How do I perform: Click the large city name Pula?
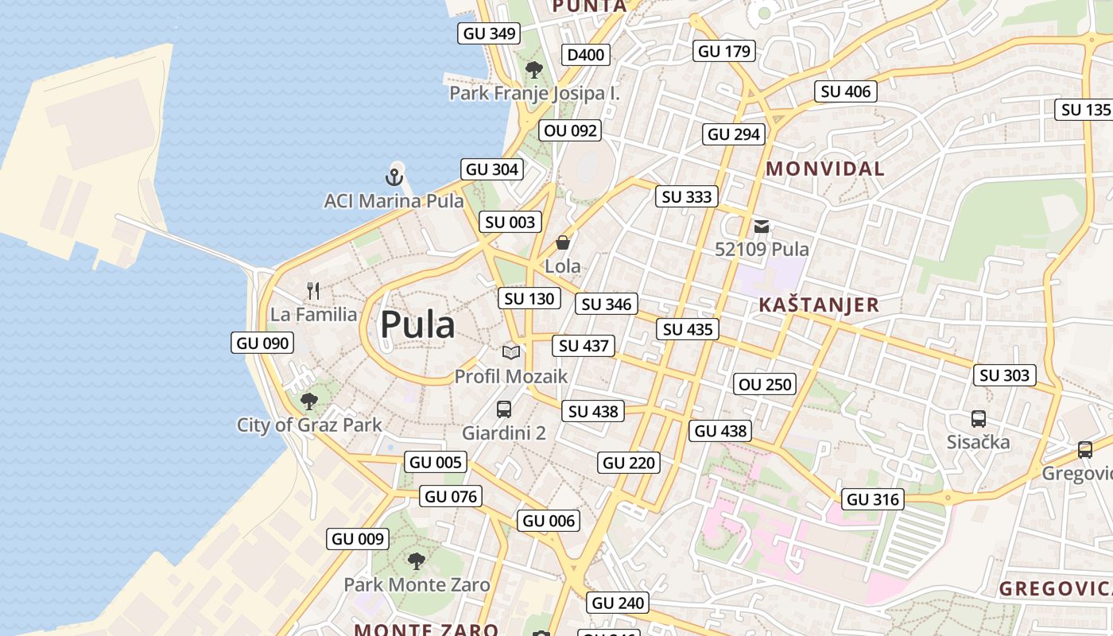coord(417,325)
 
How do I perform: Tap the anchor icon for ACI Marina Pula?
coord(394,176)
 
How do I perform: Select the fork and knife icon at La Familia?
coord(313,291)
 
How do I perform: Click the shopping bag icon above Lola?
coord(563,242)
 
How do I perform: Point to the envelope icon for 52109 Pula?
coord(762,226)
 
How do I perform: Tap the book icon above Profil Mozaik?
coord(510,352)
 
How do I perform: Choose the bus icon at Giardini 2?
coord(504,409)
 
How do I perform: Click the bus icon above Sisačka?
coord(979,418)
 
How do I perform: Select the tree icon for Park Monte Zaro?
coord(416,561)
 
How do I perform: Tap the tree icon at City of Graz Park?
coord(309,401)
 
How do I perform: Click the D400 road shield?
coord(586,55)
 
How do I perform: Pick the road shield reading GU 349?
coord(490,33)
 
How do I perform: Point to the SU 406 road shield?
coord(846,91)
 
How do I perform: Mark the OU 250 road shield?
coord(765,385)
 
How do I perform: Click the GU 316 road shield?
coord(873,499)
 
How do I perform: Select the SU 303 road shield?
coord(1005,375)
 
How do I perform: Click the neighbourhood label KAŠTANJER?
coord(819,304)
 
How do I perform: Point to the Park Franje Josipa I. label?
coord(534,93)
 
